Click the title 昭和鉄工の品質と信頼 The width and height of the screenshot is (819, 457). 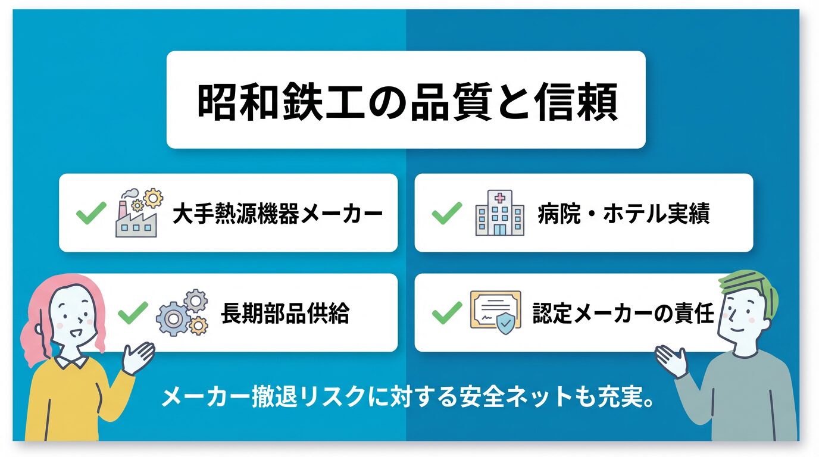(407, 102)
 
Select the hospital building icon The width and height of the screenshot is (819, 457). (499, 213)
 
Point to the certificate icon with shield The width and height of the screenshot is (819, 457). (496, 313)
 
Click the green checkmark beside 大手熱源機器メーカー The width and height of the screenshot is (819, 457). (91, 213)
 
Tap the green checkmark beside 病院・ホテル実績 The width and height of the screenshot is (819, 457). (447, 213)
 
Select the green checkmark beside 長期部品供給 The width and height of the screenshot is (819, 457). (133, 312)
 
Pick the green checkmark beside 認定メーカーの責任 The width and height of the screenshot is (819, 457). (447, 312)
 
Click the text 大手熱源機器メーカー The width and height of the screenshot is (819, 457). (278, 214)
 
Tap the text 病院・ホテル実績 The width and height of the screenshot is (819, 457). (624, 214)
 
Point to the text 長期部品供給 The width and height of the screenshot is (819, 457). (285, 314)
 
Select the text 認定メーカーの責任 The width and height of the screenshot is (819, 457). (623, 314)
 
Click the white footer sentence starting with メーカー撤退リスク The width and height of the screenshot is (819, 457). (407, 397)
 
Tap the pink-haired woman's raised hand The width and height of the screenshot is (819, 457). (138, 358)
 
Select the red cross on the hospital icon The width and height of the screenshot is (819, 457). (499, 198)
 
